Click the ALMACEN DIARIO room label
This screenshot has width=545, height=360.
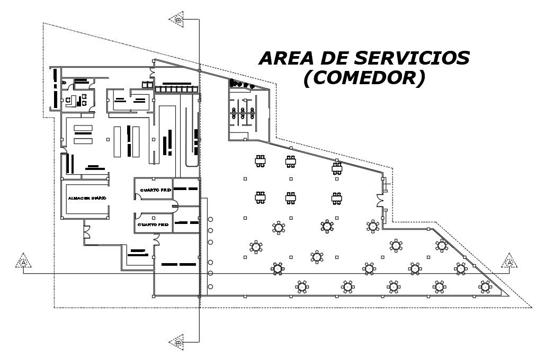[87, 198]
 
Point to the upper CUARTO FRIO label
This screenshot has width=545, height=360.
[154, 190]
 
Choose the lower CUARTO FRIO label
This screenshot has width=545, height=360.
[153, 224]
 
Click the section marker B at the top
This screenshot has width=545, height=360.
[177, 20]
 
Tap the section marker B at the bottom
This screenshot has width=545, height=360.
[177, 342]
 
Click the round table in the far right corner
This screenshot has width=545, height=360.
[485, 287]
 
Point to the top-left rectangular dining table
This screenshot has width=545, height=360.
[260, 160]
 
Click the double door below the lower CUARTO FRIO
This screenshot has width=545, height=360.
[156, 239]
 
